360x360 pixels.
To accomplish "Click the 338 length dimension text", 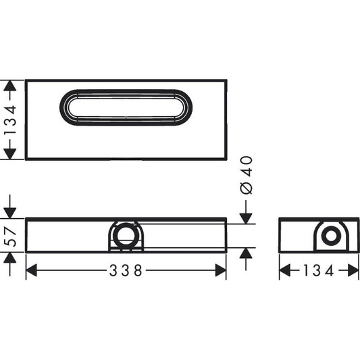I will (x=126, y=271).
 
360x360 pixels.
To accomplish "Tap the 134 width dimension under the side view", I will (x=319, y=271).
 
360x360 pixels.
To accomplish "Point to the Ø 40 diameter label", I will (x=247, y=174).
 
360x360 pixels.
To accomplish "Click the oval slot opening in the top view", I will (x=126, y=107).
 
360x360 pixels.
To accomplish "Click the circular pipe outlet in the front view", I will (x=124, y=236).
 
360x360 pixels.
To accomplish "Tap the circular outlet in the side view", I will (x=331, y=236).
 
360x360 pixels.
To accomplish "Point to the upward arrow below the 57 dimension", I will (x=10, y=259).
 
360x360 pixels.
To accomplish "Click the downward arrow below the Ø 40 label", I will (x=247, y=217).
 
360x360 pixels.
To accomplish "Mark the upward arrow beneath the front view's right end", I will (x=247, y=254).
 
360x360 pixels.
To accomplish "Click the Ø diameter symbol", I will (x=247, y=188).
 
